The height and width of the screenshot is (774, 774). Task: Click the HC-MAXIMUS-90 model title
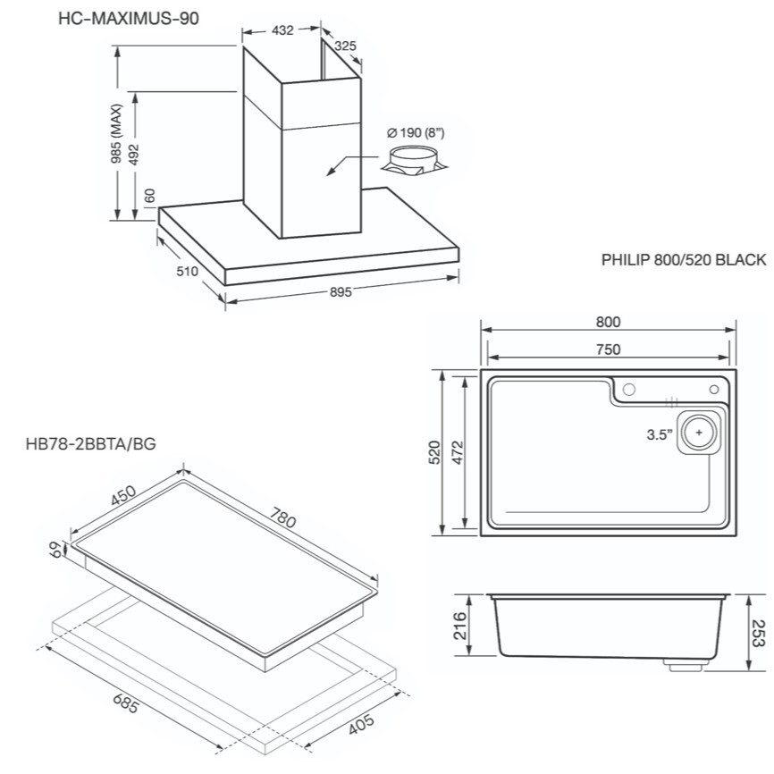point(129,18)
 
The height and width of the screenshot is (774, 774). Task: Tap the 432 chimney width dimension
point(282,30)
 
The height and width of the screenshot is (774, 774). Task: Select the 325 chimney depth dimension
point(345,46)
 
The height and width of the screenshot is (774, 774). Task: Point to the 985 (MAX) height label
point(116,134)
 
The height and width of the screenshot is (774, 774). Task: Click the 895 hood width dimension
point(341,292)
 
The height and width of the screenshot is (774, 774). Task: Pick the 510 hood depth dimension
point(187,271)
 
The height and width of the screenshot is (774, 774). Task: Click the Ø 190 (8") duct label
point(416,133)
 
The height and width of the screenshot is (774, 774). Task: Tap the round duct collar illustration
point(415,161)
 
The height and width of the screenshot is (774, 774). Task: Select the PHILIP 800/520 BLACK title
point(684,260)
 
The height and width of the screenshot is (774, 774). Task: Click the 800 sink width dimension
point(608,322)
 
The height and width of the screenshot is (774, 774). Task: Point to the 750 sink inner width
point(608,349)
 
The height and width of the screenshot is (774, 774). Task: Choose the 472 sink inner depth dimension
point(459,452)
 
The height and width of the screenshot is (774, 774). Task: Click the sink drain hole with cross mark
point(699,433)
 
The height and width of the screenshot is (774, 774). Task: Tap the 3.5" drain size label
point(660,435)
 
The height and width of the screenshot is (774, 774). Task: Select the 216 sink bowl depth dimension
point(459,626)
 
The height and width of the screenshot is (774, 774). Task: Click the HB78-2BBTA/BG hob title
point(91,444)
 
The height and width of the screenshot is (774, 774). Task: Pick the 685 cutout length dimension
point(125,703)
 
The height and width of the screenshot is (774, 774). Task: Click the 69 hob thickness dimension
point(57,550)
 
